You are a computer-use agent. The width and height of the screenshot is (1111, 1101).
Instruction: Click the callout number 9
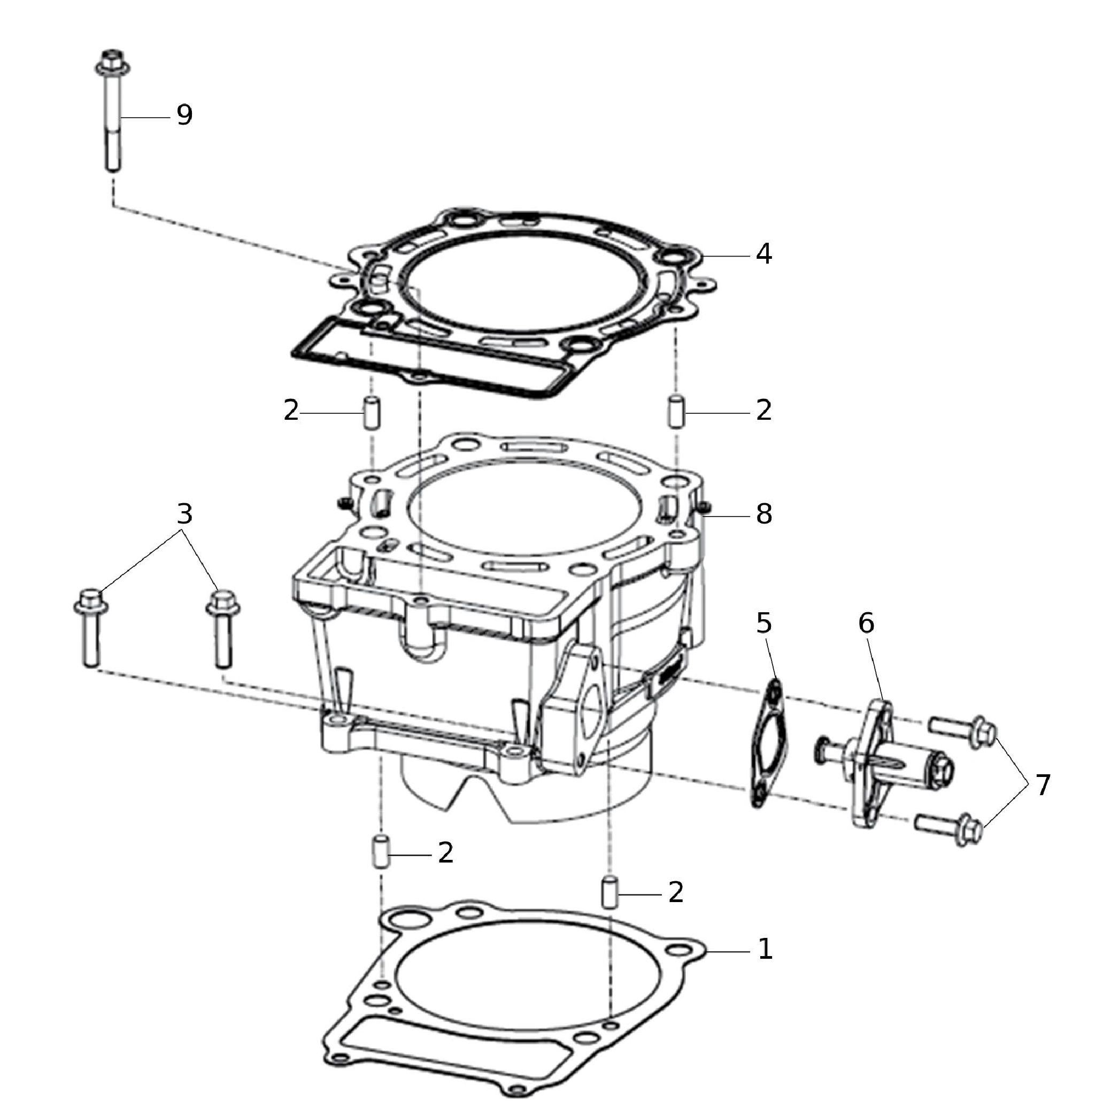pyautogui.click(x=184, y=115)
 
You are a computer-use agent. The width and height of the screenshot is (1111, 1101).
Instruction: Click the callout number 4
pyautogui.click(x=763, y=253)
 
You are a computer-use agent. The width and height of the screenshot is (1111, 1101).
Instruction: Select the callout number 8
pyautogui.click(x=763, y=514)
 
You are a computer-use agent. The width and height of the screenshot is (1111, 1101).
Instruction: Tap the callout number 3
pyautogui.click(x=184, y=514)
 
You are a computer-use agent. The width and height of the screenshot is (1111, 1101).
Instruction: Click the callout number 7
pyautogui.click(x=1043, y=784)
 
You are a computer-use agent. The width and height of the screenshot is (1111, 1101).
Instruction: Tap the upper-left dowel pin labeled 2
pyautogui.click(x=372, y=412)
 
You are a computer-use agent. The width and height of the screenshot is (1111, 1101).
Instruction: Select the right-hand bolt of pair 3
pyautogui.click(x=223, y=628)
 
